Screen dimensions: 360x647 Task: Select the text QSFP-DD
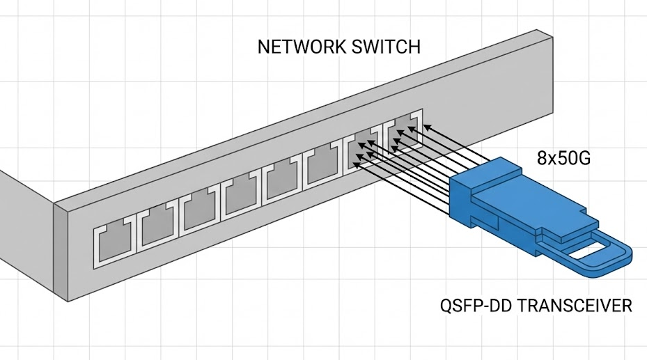[474, 306]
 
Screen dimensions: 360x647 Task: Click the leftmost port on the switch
[114, 244]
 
